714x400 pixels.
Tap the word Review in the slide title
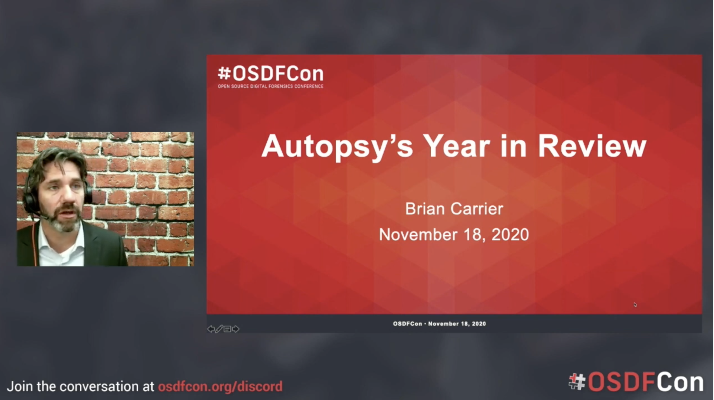(592, 146)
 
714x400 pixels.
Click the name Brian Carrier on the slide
(454, 209)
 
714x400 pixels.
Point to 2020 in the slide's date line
(510, 234)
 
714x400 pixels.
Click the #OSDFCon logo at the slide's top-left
(271, 74)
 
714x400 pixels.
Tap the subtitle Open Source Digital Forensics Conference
(271, 86)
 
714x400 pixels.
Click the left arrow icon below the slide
(211, 329)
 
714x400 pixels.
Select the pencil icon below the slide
(219, 329)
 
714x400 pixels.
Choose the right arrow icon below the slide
(236, 329)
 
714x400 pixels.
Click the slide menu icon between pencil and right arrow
(228, 329)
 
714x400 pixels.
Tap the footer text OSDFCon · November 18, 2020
(439, 324)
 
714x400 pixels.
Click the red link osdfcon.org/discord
(220, 387)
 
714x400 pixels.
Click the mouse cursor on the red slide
(635, 305)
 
